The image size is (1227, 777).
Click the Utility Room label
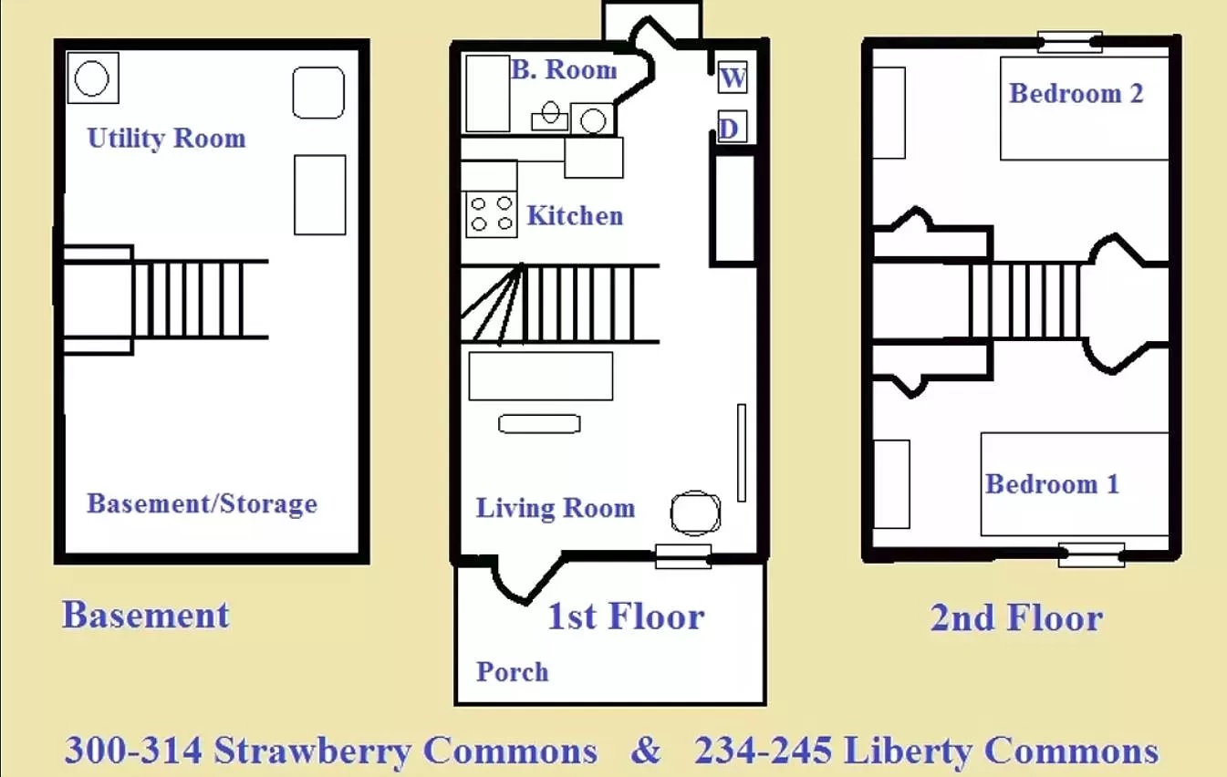pyautogui.click(x=167, y=138)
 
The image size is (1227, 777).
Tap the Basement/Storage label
pyautogui.click(x=203, y=503)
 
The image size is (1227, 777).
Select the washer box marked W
pyautogui.click(x=733, y=78)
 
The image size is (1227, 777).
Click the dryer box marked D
pyautogui.click(x=732, y=127)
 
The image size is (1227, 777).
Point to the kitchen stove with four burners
pyautogui.click(x=492, y=214)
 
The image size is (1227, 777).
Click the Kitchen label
pyautogui.click(x=575, y=216)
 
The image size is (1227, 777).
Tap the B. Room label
pyautogui.click(x=564, y=69)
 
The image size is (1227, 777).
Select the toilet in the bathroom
pyautogui.click(x=550, y=116)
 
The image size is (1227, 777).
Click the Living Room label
pyautogui.click(x=556, y=508)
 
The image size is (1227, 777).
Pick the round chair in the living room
pyautogui.click(x=696, y=513)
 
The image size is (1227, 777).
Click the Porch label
pyautogui.click(x=512, y=672)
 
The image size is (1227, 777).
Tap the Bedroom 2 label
pyautogui.click(x=1076, y=93)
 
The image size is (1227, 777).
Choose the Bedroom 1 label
pyautogui.click(x=1052, y=484)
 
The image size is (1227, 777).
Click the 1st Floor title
pyautogui.click(x=626, y=616)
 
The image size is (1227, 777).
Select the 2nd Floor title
pyautogui.click(x=1016, y=618)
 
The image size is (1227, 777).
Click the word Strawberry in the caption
pyautogui.click(x=312, y=751)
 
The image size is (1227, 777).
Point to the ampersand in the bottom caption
pyautogui.click(x=646, y=750)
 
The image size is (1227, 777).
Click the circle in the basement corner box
pyautogui.click(x=91, y=78)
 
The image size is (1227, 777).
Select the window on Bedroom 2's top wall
pyautogui.click(x=1070, y=42)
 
